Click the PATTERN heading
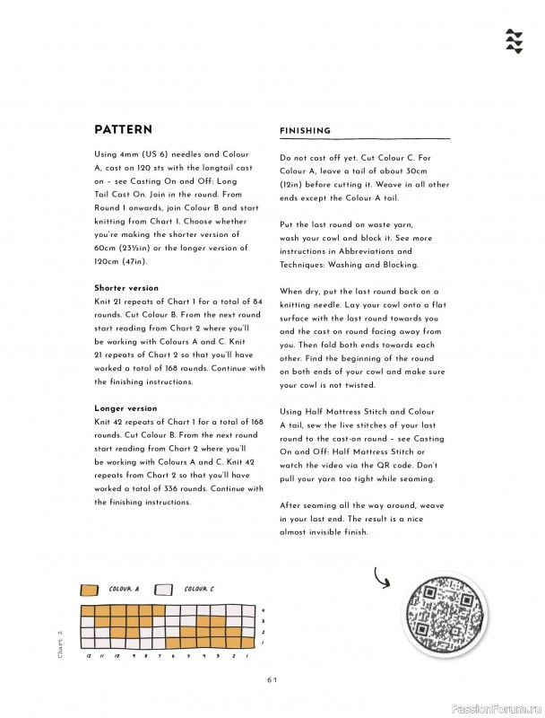[x=123, y=129]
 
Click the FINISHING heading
[x=305, y=131]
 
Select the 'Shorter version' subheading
[x=126, y=288]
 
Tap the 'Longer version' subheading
[x=125, y=408]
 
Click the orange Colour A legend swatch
[x=89, y=590]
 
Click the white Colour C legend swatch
[x=164, y=590]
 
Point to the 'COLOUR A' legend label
[x=124, y=590]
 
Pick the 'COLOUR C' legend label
[x=199, y=590]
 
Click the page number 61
[x=272, y=679]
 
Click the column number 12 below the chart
[x=88, y=656]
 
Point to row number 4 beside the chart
[x=262, y=610]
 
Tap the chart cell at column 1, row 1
[x=247, y=643]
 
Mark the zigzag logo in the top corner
[x=514, y=40]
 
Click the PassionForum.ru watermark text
[x=497, y=706]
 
